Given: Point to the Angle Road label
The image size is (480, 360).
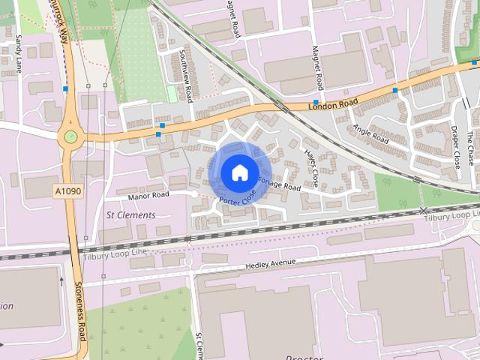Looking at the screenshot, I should tap(370, 134).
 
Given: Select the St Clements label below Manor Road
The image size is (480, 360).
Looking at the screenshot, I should tap(131, 215).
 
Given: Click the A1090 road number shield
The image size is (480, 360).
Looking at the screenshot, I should tap(67, 191).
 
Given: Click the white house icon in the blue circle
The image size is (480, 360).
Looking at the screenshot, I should tap(239, 172).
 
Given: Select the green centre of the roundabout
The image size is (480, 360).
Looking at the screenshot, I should tap(70, 137).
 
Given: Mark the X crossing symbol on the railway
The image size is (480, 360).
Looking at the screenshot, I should tap(425, 211).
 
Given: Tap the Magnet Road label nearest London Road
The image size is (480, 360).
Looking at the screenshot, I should tap(318, 67).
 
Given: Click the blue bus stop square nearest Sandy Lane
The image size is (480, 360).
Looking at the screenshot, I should tap(66, 89).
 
